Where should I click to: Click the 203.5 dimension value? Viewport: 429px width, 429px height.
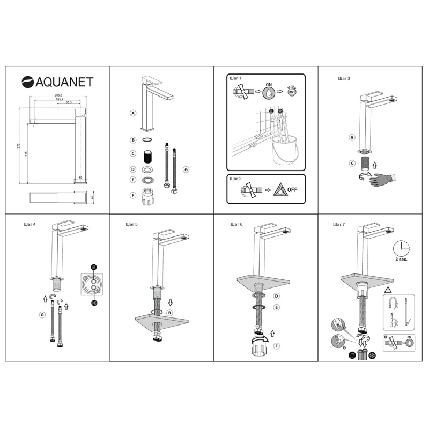(58, 96)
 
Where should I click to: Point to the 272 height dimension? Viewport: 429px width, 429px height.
(18, 145)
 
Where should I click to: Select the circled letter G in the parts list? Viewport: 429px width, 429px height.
(186, 169)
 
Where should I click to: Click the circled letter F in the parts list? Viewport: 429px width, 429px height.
(132, 195)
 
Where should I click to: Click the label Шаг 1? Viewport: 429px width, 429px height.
(235, 78)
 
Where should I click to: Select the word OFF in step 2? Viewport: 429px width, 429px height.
(292, 189)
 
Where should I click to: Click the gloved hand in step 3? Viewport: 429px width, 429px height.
(383, 178)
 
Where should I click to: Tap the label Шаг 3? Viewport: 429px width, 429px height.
(344, 78)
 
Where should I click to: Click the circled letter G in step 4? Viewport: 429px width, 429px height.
(42, 315)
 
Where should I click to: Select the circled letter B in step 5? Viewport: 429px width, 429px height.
(169, 313)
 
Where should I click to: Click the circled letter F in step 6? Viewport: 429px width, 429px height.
(276, 346)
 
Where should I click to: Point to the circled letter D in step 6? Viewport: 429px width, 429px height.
(276, 296)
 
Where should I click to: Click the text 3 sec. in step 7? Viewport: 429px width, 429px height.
(402, 260)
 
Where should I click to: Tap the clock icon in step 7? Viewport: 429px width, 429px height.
(401, 248)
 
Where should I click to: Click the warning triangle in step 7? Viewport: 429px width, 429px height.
(387, 289)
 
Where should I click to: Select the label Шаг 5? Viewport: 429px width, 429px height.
(131, 224)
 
